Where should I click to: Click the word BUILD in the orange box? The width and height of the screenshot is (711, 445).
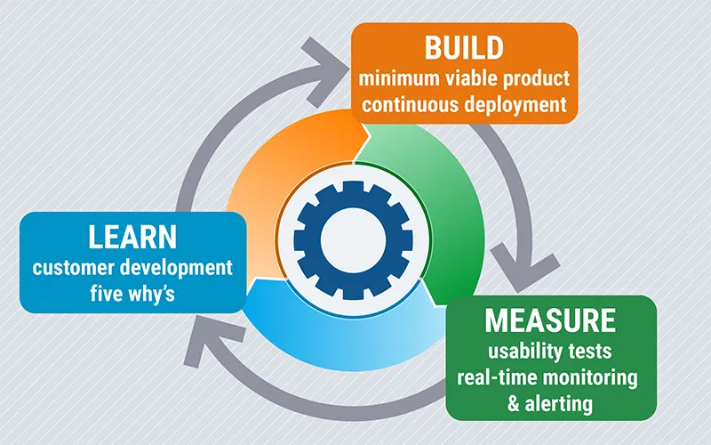465,48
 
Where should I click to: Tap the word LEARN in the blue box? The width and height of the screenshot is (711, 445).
132,238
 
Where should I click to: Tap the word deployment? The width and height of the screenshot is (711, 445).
515,104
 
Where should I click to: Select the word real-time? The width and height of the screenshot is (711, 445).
497,376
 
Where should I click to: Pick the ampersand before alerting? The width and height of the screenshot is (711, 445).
515,404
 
